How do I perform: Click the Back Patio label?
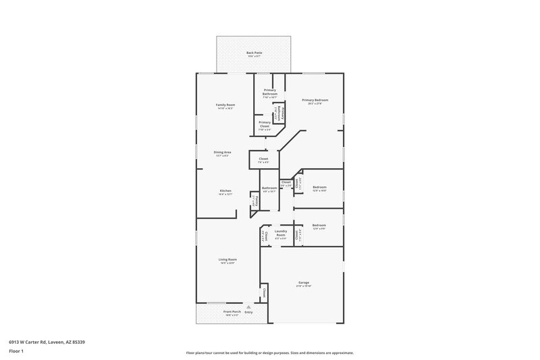pos(254,52)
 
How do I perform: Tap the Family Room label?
pos(225,105)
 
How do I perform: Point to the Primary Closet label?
pos(264,124)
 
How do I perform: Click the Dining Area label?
pos(223,153)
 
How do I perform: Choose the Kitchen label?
pos(225,191)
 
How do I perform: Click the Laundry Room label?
pos(281,234)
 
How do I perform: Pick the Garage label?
pos(303,282)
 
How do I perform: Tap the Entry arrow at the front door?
pos(248,307)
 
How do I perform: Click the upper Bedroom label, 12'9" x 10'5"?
pos(319,187)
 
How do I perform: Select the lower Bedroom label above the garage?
pos(319,226)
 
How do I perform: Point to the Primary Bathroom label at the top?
pos(270,92)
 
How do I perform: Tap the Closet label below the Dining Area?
pos(263,159)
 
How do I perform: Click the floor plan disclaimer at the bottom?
pos(269,353)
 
